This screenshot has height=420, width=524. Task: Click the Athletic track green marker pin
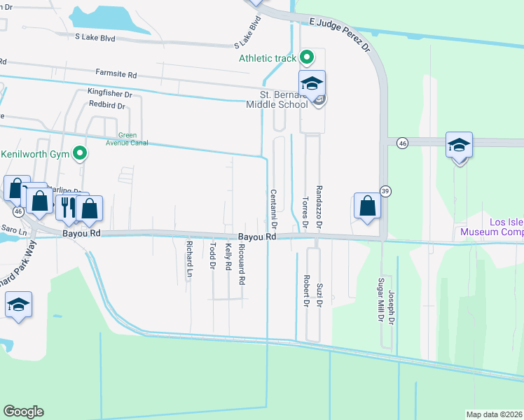(306, 57)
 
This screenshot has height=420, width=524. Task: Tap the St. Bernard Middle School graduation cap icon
(312, 83)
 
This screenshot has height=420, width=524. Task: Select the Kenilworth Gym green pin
(81, 153)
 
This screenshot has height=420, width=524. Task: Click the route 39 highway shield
(385, 191)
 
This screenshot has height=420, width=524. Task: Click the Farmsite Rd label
(116, 73)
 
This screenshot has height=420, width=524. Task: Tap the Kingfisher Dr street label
(109, 93)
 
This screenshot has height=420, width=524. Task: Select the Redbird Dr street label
(106, 106)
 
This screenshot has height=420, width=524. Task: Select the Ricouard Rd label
(242, 264)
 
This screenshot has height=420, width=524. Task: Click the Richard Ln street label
(189, 259)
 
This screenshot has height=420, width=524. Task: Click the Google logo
(23, 412)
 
